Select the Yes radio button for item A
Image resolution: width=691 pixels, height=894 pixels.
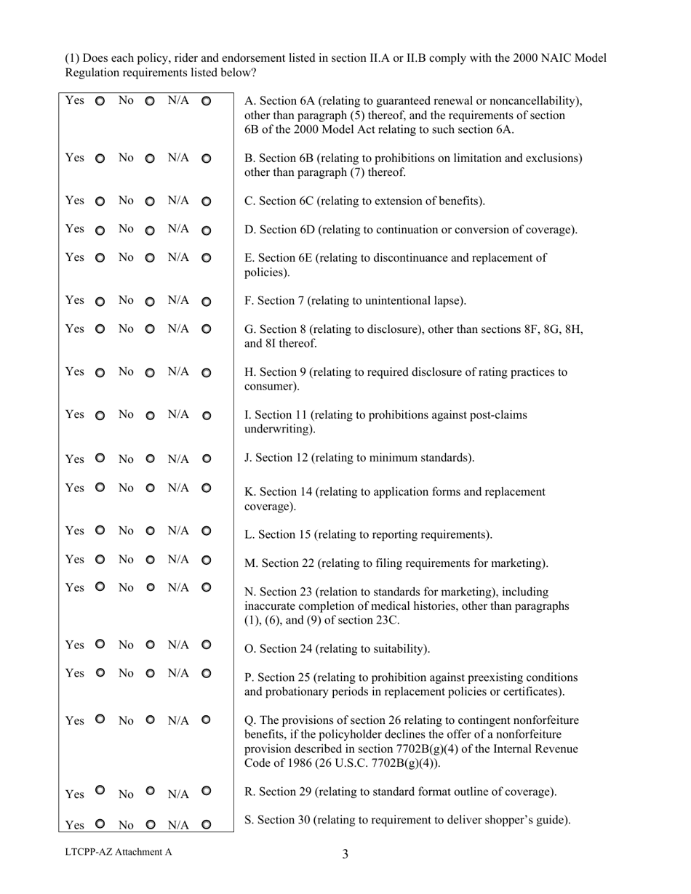pyautogui.click(x=100, y=100)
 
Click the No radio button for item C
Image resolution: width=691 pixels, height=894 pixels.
pyautogui.click(x=150, y=201)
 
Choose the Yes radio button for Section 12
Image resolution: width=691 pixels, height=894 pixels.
pyautogui.click(x=100, y=459)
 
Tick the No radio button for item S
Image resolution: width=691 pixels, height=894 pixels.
pyautogui.click(x=150, y=825)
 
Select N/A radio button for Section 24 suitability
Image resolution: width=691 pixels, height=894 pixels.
pyautogui.click(x=206, y=645)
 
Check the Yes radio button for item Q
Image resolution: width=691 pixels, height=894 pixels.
pyautogui.click(x=100, y=720)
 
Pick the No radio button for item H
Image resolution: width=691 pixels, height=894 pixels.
pyautogui.click(x=150, y=373)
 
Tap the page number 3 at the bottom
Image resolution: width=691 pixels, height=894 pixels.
pyautogui.click(x=345, y=855)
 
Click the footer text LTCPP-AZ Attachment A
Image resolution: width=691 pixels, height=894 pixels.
pyautogui.click(x=119, y=853)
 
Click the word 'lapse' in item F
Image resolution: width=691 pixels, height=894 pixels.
pyautogui.click(x=447, y=301)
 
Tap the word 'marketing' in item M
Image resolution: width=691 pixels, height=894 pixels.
pyautogui.click(x=519, y=563)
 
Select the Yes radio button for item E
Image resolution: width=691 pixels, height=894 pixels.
pyautogui.click(x=100, y=258)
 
